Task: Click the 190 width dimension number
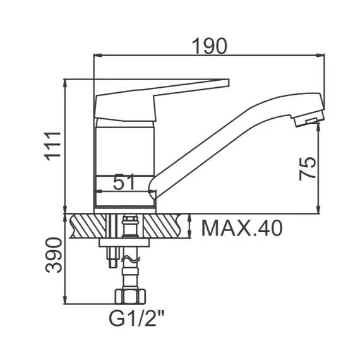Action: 209,45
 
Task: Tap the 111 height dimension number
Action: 53,147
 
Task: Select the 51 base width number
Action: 124,182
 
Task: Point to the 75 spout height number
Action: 308,168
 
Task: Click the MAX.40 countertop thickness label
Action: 242,228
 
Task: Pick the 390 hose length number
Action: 54,255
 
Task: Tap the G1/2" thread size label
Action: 136,318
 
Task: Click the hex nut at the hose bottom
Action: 130,296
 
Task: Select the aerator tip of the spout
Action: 309,119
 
